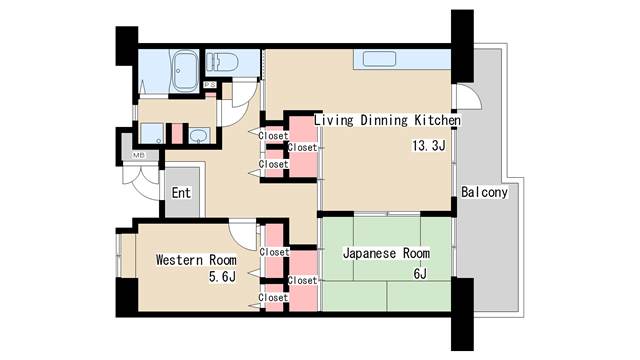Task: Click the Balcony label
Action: pyautogui.click(x=484, y=192)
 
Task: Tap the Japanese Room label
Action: pyautogui.click(x=386, y=253)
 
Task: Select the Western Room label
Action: pyautogui.click(x=196, y=260)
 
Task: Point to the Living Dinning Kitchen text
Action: pyautogui.click(x=387, y=120)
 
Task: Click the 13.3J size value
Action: pyautogui.click(x=429, y=146)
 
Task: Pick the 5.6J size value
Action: pyautogui.click(x=222, y=277)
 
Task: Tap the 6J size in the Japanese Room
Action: pyautogui.click(x=420, y=273)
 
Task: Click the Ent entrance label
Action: pyautogui.click(x=181, y=193)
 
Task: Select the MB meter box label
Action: pyautogui.click(x=139, y=156)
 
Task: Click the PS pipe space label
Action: pyautogui.click(x=210, y=84)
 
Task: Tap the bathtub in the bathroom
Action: pyautogui.click(x=185, y=71)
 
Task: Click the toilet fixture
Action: pyautogui.click(x=222, y=62)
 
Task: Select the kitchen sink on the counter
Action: pyautogui.click(x=380, y=59)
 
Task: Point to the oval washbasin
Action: pyautogui.click(x=199, y=136)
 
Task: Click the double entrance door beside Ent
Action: pyautogui.click(x=141, y=180)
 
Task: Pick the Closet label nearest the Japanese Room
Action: pyautogui.click(x=302, y=280)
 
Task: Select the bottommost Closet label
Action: pyautogui.click(x=273, y=298)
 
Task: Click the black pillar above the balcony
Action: pyautogui.click(x=462, y=46)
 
